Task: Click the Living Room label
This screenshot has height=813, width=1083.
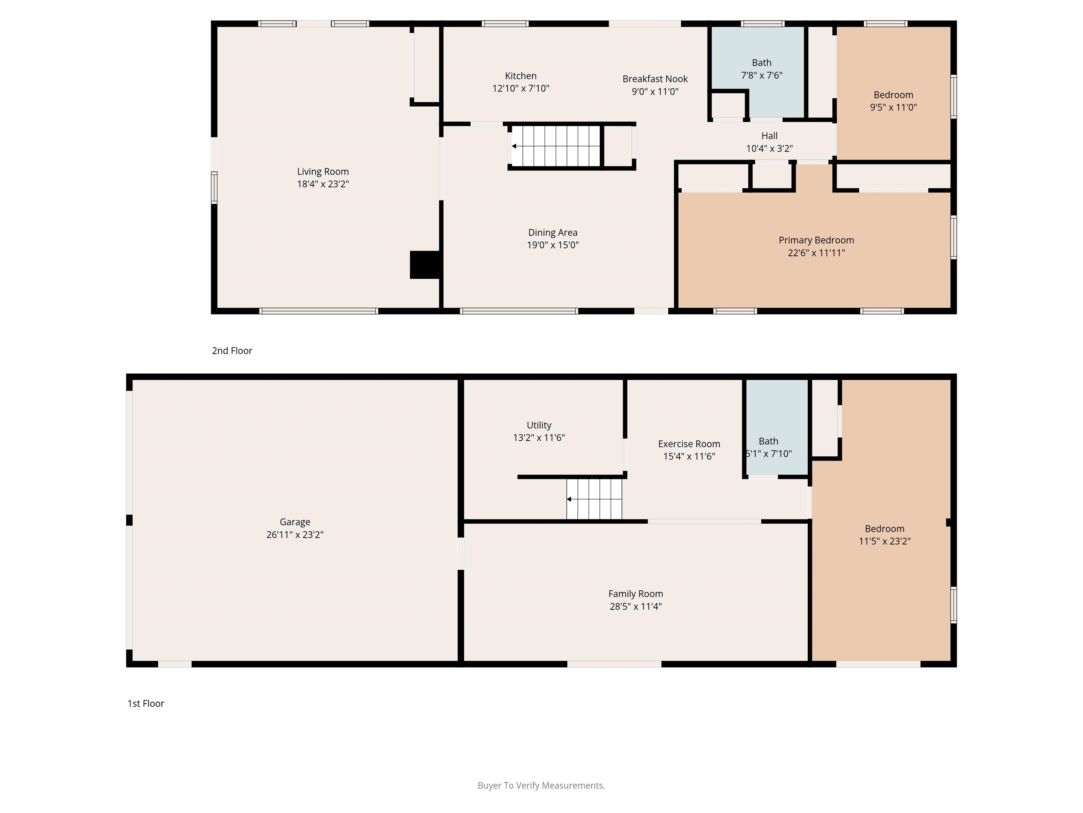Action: (323, 171)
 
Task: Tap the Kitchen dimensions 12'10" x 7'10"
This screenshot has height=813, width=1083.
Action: (520, 89)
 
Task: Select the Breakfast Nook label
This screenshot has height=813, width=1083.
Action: (655, 79)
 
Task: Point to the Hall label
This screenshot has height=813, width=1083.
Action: (769, 136)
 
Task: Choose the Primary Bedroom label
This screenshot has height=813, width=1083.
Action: (816, 240)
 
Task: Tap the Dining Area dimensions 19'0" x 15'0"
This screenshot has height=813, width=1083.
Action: (552, 245)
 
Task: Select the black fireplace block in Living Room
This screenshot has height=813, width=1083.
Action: (425, 265)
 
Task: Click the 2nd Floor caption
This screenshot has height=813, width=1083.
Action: (232, 351)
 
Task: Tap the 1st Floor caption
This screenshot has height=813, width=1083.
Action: (146, 704)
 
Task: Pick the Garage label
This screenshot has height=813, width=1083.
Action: (295, 522)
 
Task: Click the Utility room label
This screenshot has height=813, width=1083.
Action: (539, 425)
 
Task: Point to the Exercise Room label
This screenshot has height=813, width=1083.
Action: (689, 444)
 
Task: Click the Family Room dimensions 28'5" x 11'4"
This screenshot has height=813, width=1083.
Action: (636, 607)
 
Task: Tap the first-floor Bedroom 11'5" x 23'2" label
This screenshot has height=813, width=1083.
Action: (884, 529)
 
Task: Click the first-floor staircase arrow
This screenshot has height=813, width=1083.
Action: (569, 499)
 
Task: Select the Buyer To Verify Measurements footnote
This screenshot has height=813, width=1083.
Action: (541, 785)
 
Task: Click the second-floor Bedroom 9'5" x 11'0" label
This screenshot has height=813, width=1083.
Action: (893, 95)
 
